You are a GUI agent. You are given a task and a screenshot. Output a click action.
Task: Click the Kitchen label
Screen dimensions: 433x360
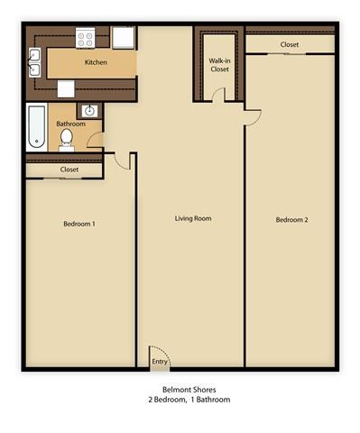tap(97, 63)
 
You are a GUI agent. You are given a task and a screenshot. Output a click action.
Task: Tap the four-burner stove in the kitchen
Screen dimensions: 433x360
tap(86, 38)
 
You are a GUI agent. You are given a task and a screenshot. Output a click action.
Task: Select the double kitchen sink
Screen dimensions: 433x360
tap(34, 61)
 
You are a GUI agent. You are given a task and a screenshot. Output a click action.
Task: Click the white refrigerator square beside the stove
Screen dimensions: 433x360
tap(125, 37)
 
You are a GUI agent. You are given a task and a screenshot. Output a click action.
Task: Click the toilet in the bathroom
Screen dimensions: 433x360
tap(67, 139)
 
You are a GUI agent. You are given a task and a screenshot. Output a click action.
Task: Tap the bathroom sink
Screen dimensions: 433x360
tap(89, 111)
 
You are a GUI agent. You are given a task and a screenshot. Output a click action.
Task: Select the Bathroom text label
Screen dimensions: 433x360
tap(70, 124)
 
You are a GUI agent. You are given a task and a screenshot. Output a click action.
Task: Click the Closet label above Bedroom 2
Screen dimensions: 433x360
tap(290, 44)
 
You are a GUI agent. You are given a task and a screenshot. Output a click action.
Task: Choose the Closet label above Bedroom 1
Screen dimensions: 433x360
tap(69, 170)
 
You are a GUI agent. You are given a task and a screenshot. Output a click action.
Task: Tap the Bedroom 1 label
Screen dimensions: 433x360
tap(79, 223)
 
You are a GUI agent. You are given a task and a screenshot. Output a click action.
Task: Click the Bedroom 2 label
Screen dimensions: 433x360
tap(291, 219)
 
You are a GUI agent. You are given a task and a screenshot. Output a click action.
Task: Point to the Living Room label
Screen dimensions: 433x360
tap(193, 218)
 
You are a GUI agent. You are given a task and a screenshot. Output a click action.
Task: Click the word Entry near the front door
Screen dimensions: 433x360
tap(159, 362)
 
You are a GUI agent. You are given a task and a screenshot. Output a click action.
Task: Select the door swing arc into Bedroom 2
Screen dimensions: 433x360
tap(253, 115)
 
